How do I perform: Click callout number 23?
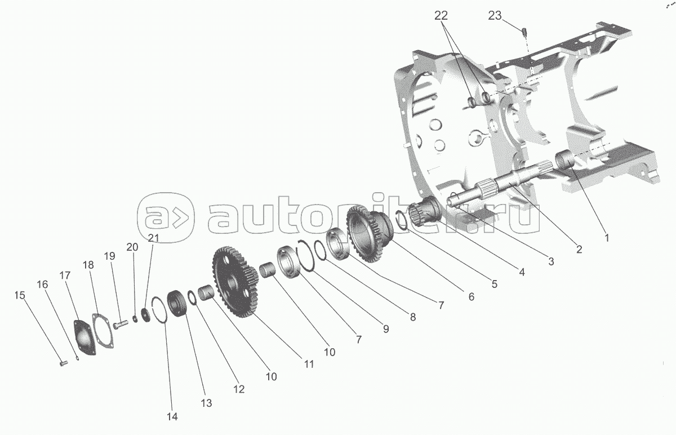coord(494,16)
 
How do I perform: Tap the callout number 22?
coord(442,16)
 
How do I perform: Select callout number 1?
coord(607,238)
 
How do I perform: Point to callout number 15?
coord(20,295)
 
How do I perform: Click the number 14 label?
coord(172,417)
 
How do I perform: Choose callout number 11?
coord(309,364)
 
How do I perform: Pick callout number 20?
coord(132,247)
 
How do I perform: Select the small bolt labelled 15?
coord(63,363)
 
